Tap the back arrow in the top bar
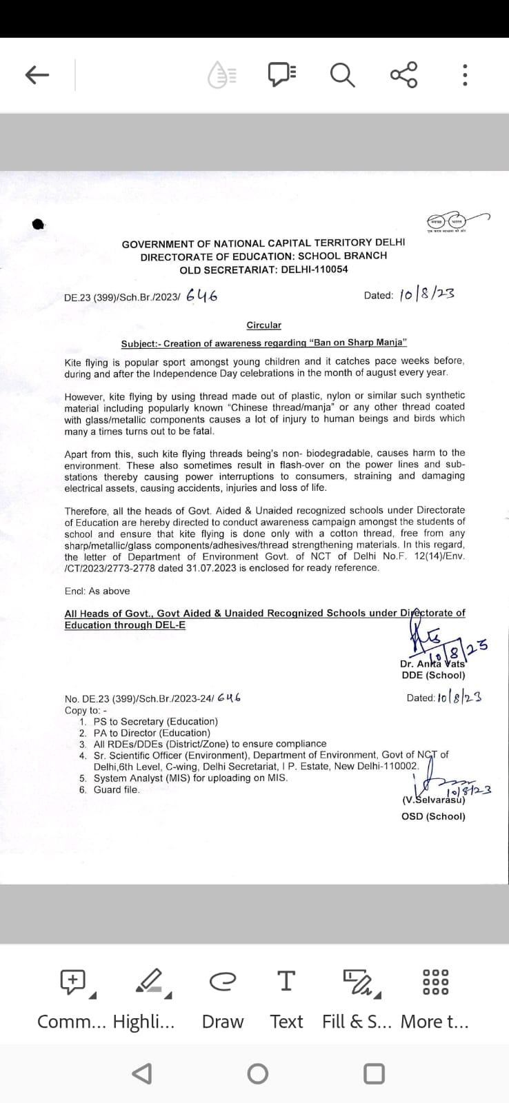pos(37,74)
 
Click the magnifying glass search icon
pos(342,74)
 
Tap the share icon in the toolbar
pos(404,74)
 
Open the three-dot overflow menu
pos(466,74)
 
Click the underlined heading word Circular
pos(264,325)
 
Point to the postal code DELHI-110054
pos(315,270)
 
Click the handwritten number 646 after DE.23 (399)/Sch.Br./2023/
pos(201,296)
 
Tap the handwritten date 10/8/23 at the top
pos(427,294)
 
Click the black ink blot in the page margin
pos(39,223)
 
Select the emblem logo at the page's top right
pos(448,221)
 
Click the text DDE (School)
pos(433,676)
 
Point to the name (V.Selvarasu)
pos(433,800)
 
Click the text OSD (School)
pos(433,816)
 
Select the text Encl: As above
pos(97,591)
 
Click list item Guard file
pos(117,789)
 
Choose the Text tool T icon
pos(286,980)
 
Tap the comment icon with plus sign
pos(73,981)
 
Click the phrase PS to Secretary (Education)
pos(156,721)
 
